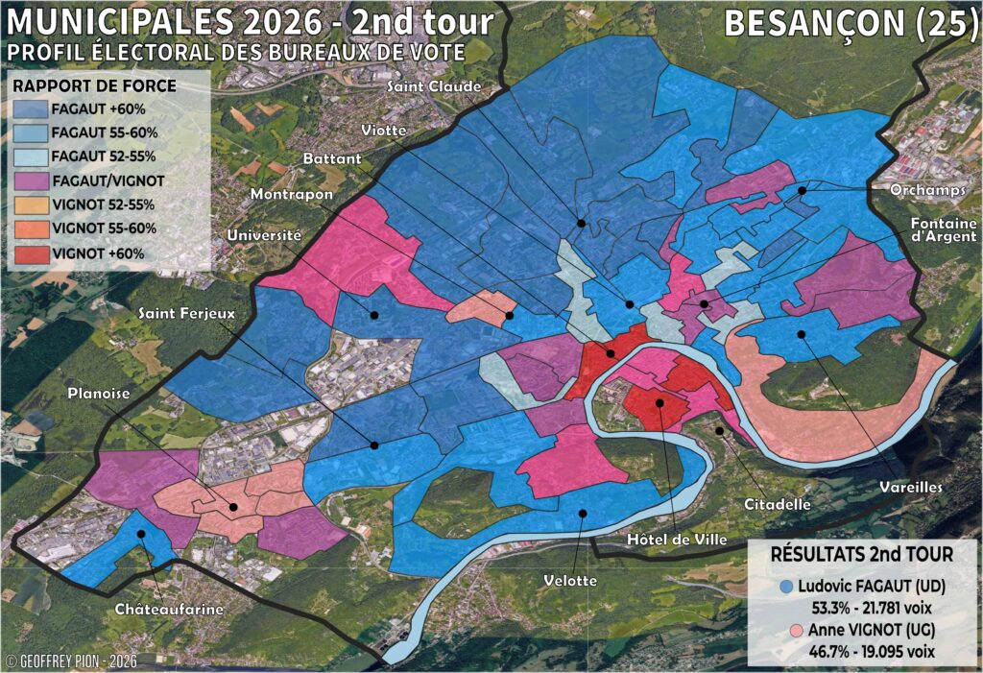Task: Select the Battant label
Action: pos(331,156)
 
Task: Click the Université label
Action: pos(264,235)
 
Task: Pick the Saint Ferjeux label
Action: pos(186,313)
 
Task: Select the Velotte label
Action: pos(570,580)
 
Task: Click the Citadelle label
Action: pos(777,503)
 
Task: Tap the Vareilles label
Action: pos(910,488)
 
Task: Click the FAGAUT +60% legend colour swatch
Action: pos(30,110)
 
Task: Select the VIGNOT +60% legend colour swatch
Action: pos(30,252)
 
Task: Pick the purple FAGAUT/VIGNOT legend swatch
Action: pos(30,181)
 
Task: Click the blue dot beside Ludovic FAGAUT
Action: pos(786,586)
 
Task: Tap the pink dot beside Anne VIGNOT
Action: pos(786,630)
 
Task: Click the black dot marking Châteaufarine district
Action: pos(141,534)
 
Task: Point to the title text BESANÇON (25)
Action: pos(849,23)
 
